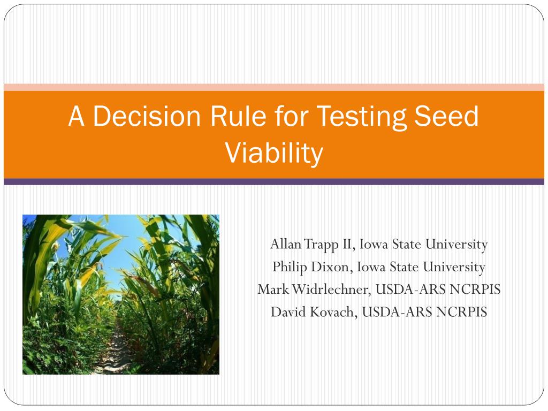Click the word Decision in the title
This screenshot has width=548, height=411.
[147, 116]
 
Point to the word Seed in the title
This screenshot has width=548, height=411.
[446, 116]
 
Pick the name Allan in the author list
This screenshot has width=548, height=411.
[286, 244]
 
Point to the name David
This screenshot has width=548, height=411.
[288, 312]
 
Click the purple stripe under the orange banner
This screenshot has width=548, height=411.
[274, 182]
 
